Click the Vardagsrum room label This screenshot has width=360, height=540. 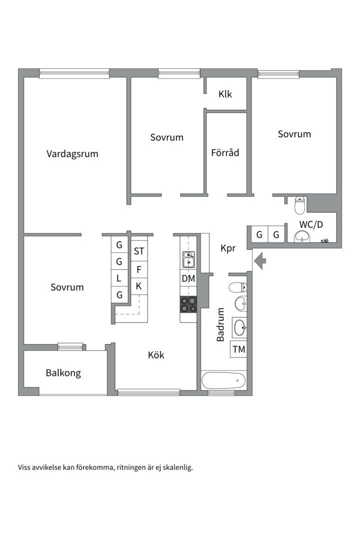click(x=72, y=154)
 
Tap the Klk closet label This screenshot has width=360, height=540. click(x=225, y=94)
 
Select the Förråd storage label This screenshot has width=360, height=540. click(x=225, y=152)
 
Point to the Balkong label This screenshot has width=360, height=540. click(x=63, y=373)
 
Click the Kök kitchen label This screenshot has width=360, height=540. click(x=156, y=355)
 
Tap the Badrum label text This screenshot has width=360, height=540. click(x=220, y=324)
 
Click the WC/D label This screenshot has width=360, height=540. click(x=311, y=224)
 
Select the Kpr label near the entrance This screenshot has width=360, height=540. click(x=227, y=248)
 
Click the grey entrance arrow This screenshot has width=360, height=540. click(x=260, y=260)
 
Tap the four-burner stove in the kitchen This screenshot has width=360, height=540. click(x=188, y=304)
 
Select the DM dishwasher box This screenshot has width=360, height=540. click(x=188, y=279)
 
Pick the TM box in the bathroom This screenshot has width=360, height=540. click(x=239, y=349)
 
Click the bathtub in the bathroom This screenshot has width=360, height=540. click(x=223, y=380)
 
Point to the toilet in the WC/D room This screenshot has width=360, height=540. click(x=299, y=204)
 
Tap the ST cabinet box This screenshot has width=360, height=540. click(x=138, y=251)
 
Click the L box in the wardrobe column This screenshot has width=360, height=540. click(x=119, y=278)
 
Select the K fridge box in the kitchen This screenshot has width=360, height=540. click(x=138, y=286)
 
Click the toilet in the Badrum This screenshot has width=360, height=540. click(x=237, y=287)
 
